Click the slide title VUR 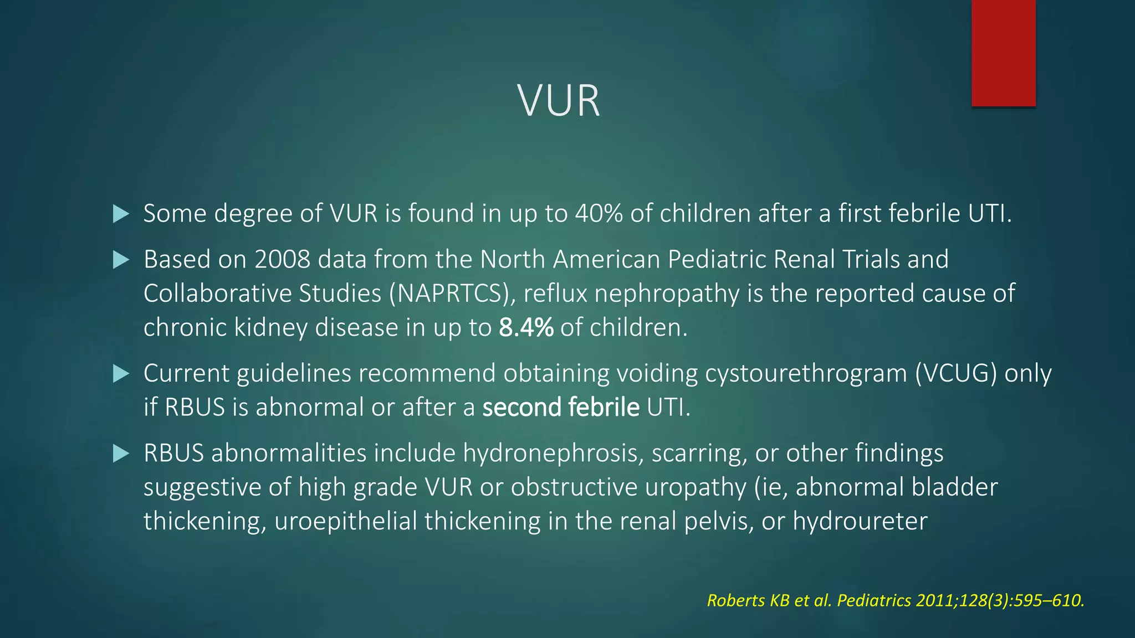coord(559,101)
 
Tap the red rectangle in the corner coord(1003,53)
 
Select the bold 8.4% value coord(526,328)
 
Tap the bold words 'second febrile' coord(561,408)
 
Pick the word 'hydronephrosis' coord(553,454)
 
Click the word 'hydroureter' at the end coord(860,522)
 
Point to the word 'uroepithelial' coord(345,522)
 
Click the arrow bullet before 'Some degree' coord(121,214)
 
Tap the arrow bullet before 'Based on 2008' coord(121,260)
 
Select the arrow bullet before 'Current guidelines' coord(121,374)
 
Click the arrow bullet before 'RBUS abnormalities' coord(121,454)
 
